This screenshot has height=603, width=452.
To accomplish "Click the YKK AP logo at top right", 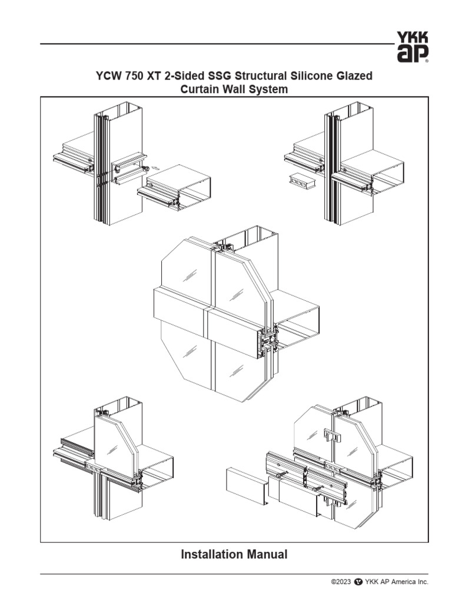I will click(412, 47).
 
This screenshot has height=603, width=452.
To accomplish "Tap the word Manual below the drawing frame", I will click(267, 554).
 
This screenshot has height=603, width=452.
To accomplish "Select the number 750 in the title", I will click(134, 77).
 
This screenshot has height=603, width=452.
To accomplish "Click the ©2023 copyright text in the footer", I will click(341, 582).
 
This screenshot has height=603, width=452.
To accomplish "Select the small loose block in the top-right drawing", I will click(302, 182).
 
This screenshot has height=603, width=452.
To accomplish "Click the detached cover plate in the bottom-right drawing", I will click(247, 486).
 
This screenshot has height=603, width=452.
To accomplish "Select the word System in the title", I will click(271, 90).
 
